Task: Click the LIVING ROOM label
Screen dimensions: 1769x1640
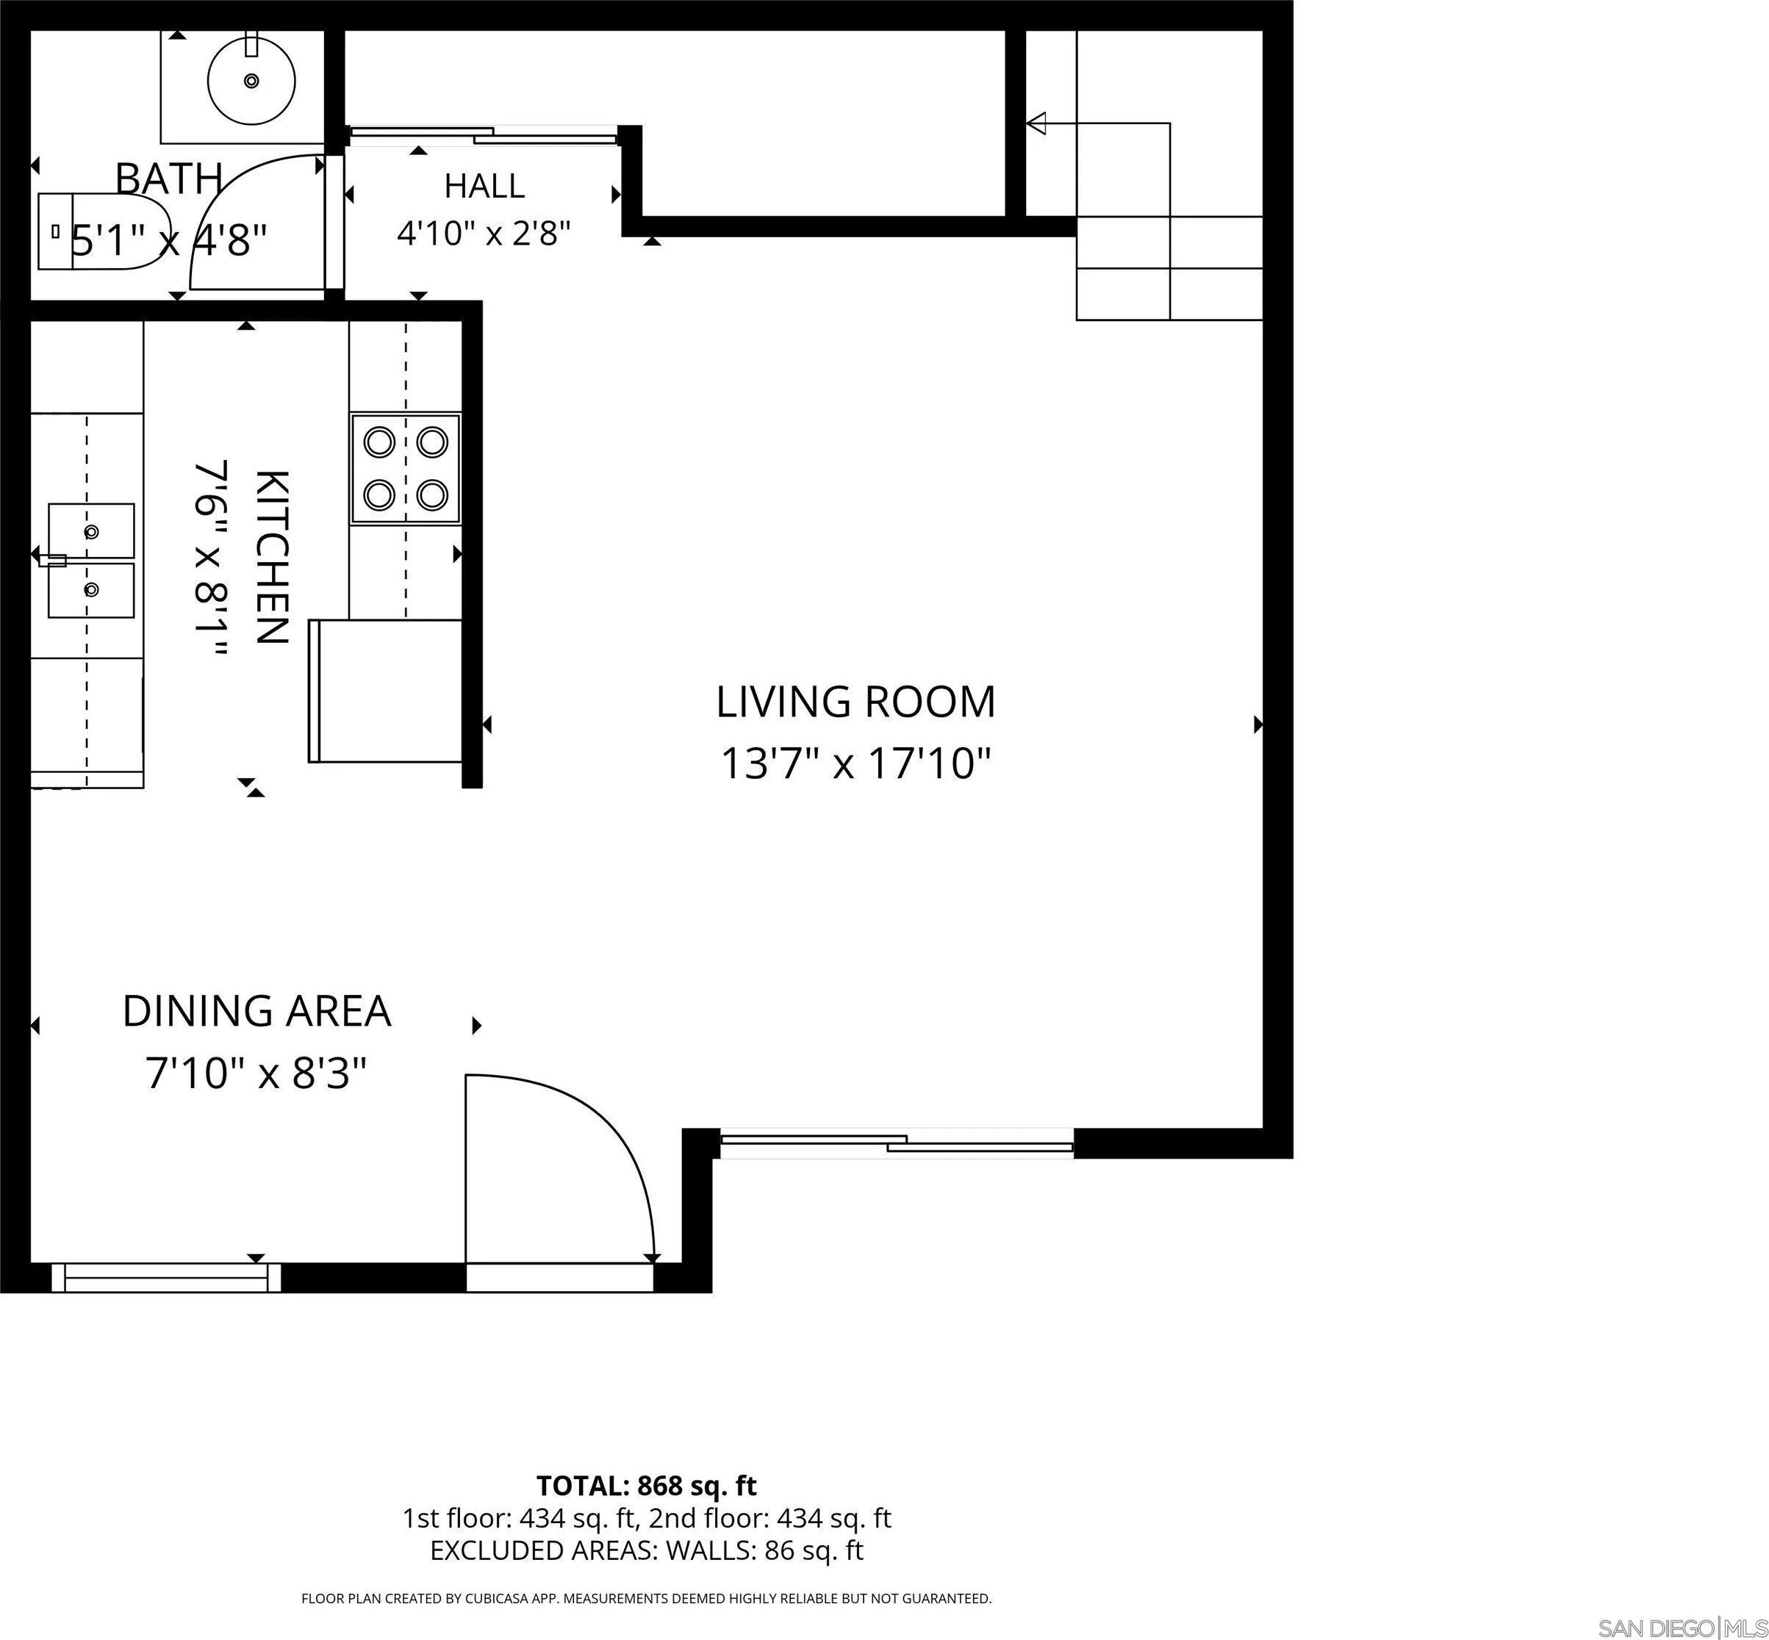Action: point(855,702)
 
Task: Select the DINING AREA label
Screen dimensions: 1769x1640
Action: point(256,1012)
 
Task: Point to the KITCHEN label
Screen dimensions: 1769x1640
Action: point(272,556)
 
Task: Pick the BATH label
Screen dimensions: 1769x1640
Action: point(168,179)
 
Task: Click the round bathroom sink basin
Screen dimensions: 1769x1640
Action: point(251,81)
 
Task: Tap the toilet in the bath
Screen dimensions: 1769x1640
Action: point(105,232)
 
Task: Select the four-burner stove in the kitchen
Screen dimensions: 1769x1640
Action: point(406,468)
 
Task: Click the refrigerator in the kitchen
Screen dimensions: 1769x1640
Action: point(385,691)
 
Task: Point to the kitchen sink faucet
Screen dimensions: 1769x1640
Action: point(51,560)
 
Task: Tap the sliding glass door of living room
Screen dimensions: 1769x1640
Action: point(896,1143)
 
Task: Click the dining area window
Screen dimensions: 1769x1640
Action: point(166,1277)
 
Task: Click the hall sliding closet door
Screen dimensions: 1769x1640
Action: point(483,135)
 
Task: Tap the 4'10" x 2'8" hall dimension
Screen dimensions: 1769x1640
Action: point(484,234)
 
